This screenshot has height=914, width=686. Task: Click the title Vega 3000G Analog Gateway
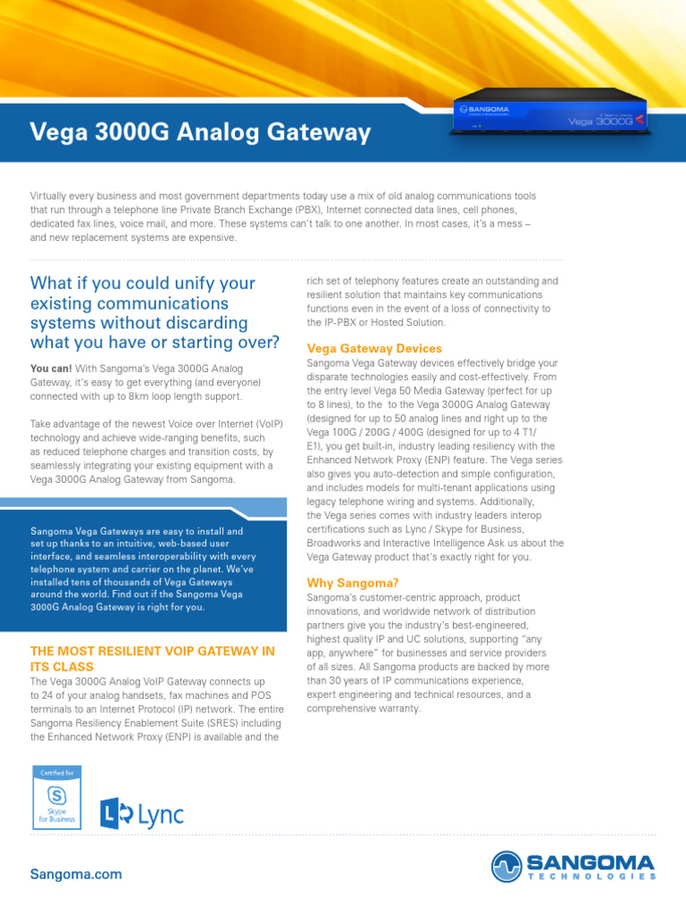(200, 133)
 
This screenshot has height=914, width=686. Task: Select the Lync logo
(141, 812)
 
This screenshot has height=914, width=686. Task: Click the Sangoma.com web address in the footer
(76, 874)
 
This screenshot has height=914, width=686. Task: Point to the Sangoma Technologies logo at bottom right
(573, 866)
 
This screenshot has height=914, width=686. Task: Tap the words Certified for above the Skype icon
(57, 769)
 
